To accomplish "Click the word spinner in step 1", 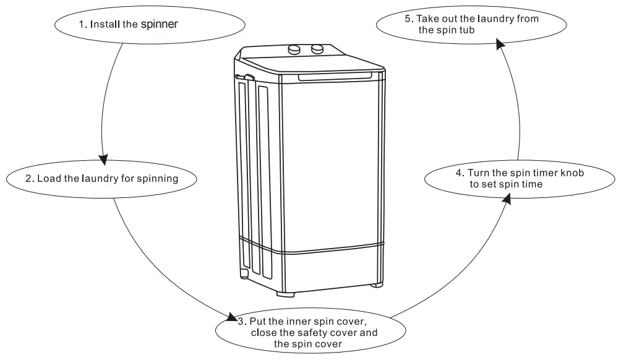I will coord(160,25).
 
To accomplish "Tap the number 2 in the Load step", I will coord(29,179).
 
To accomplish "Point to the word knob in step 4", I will coord(572,173).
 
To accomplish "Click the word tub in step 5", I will coord(466,30).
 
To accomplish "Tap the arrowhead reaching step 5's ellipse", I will coord(499,42).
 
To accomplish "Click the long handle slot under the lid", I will coord(335,77).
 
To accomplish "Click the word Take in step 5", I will coord(429,19).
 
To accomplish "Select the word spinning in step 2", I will coord(158,179).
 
